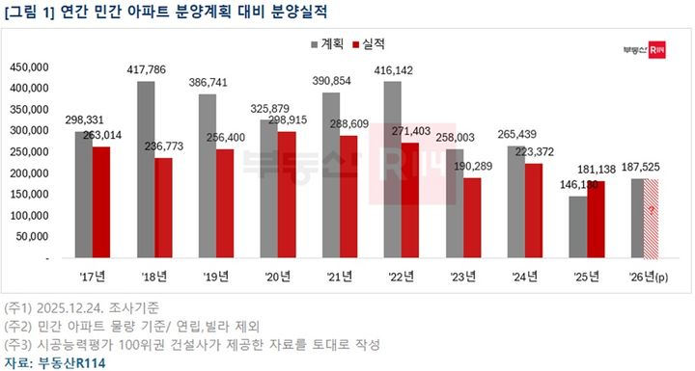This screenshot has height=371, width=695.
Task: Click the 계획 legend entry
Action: click(x=327, y=45)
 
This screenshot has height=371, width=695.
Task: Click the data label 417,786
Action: click(x=146, y=69)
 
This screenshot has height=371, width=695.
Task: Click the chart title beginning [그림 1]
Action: click(x=125, y=13)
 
